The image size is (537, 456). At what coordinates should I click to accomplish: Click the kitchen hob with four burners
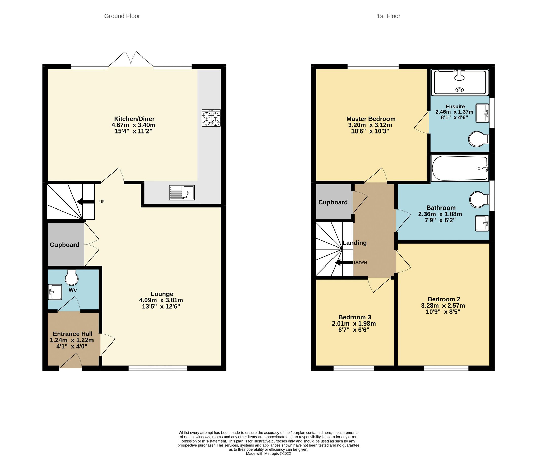click(211, 118)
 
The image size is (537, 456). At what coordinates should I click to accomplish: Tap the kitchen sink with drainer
click(181, 193)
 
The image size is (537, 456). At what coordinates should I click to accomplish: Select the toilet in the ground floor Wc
click(71, 278)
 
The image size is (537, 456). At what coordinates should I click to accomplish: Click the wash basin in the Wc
click(55, 292)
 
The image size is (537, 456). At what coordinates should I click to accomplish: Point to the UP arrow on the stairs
click(86, 202)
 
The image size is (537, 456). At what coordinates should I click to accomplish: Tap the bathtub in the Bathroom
click(459, 168)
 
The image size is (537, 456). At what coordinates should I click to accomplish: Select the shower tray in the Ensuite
click(459, 83)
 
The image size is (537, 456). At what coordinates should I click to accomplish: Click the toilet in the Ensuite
click(478, 139)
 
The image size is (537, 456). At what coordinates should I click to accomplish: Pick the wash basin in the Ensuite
click(482, 113)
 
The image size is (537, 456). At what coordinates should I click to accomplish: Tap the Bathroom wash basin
click(482, 223)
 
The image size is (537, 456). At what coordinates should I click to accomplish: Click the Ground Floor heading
click(122, 16)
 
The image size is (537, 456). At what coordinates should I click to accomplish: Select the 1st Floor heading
click(388, 16)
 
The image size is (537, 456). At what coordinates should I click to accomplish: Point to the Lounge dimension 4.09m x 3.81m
click(161, 300)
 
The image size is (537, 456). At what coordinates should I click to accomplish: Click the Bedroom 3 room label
click(354, 317)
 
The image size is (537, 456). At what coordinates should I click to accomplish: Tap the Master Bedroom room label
click(371, 119)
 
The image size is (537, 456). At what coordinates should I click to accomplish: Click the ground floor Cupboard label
click(64, 245)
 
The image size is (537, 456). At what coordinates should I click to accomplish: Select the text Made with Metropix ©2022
click(268, 453)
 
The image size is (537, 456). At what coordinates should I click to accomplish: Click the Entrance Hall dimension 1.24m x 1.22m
click(72, 340)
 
